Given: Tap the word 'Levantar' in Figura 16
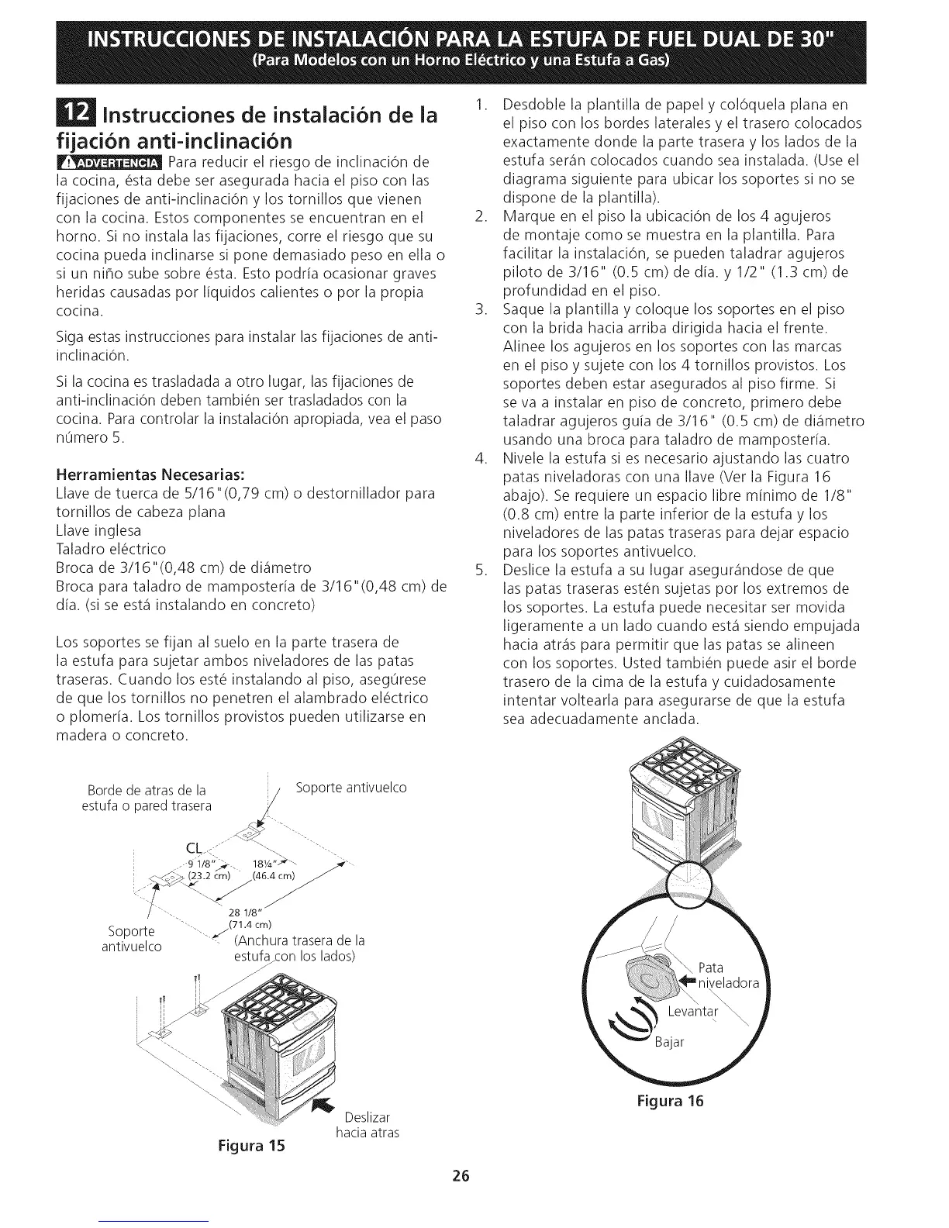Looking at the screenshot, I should (692, 1012).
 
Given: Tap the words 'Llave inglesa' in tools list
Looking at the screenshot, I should (98, 531).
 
